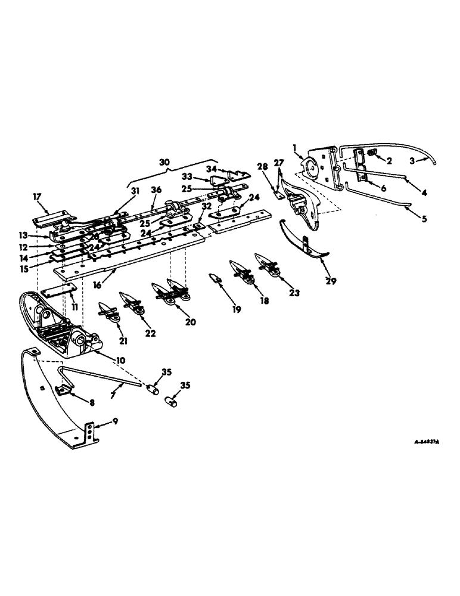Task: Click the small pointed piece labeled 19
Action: click(215, 277)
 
